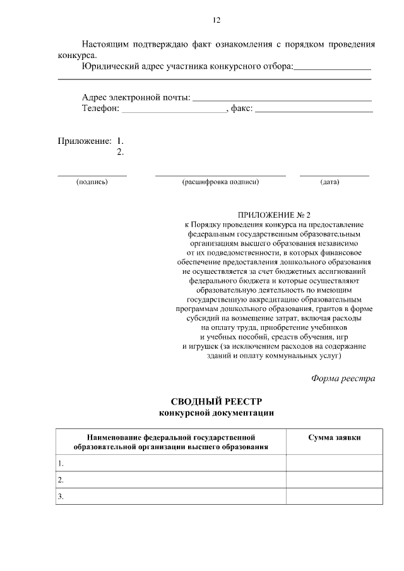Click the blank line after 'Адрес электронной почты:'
click(281, 100)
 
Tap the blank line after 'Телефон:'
click(173, 111)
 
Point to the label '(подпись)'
click(92, 182)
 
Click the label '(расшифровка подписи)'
click(220, 182)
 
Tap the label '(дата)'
click(330, 182)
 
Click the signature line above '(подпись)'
click(92, 175)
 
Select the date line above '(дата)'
click(334, 175)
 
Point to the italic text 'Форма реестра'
click(343, 379)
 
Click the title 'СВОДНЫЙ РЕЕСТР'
click(216, 402)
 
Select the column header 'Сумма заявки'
click(334, 437)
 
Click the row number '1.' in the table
click(61, 463)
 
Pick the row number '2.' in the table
click(61, 480)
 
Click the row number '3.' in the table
click(61, 497)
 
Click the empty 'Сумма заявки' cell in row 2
click(334, 480)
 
